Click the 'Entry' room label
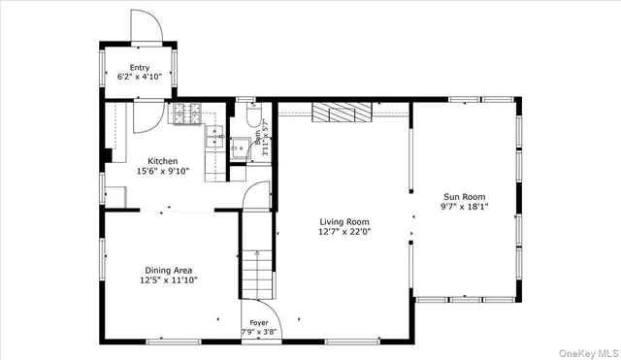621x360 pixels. pos(140,68)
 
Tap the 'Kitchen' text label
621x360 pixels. pos(162,161)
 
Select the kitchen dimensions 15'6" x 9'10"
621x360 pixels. pos(162,172)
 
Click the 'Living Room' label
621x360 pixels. pos(344,221)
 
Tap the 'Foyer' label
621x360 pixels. pos(259,322)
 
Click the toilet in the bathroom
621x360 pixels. pos(252,118)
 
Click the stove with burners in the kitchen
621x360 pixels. pos(185,115)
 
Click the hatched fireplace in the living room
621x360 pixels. pos(342,114)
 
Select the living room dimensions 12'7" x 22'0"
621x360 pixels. pos(344,232)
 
